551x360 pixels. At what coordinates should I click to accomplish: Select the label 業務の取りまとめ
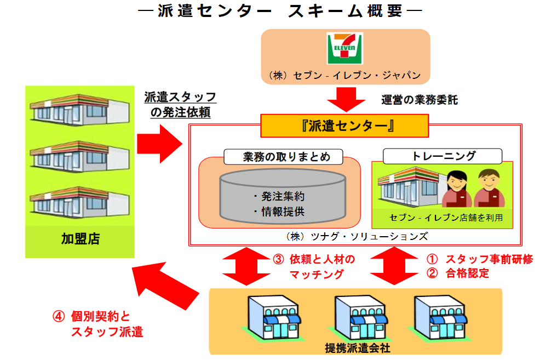(x=279, y=157)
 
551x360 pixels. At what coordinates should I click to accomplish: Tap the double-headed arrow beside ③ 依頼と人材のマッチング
(x=244, y=266)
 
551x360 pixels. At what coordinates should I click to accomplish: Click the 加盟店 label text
(x=80, y=239)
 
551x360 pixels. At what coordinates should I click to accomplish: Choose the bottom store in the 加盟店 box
(x=80, y=202)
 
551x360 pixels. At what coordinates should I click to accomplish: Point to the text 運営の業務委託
(x=419, y=100)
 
